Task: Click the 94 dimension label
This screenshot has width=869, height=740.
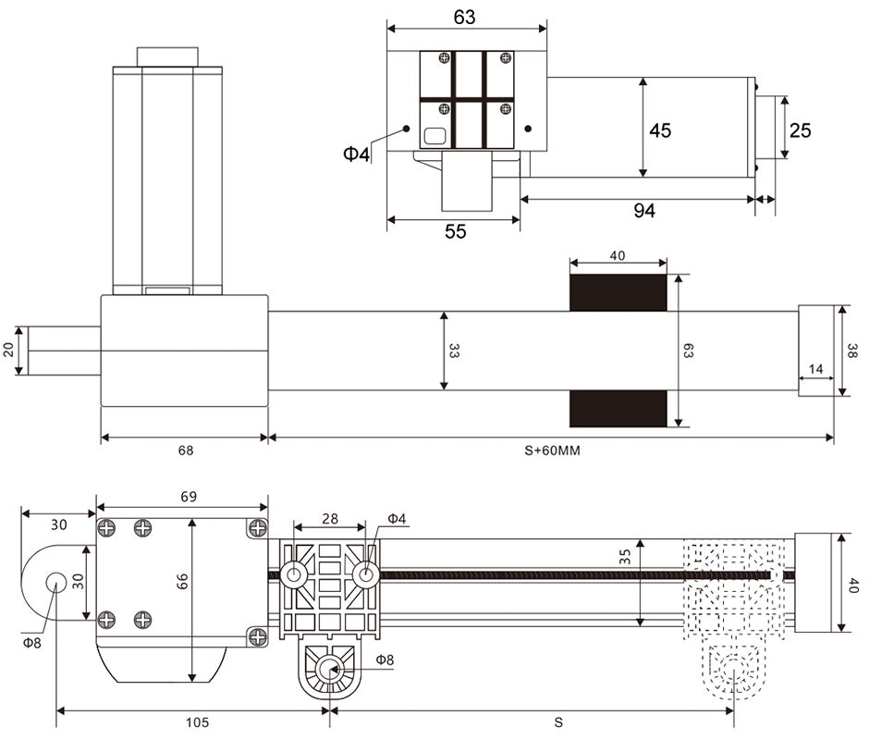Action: pyautogui.click(x=644, y=211)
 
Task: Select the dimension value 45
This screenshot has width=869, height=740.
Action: pyautogui.click(x=660, y=130)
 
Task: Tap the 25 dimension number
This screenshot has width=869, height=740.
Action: pyautogui.click(x=801, y=130)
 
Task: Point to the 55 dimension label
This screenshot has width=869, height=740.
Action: pyautogui.click(x=456, y=231)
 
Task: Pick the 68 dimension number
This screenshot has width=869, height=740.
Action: pyautogui.click(x=186, y=451)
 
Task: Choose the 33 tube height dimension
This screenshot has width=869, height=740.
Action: pyautogui.click(x=454, y=351)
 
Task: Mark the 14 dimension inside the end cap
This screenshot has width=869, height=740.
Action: pyautogui.click(x=815, y=369)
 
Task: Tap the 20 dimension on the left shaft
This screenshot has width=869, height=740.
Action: pyautogui.click(x=9, y=350)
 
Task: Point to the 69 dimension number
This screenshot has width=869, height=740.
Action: pyautogui.click(x=189, y=497)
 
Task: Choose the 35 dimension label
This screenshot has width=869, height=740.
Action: pyautogui.click(x=626, y=558)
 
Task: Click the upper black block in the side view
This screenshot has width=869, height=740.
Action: pyautogui.click(x=618, y=292)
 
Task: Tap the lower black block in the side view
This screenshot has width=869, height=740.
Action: pyautogui.click(x=618, y=408)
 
